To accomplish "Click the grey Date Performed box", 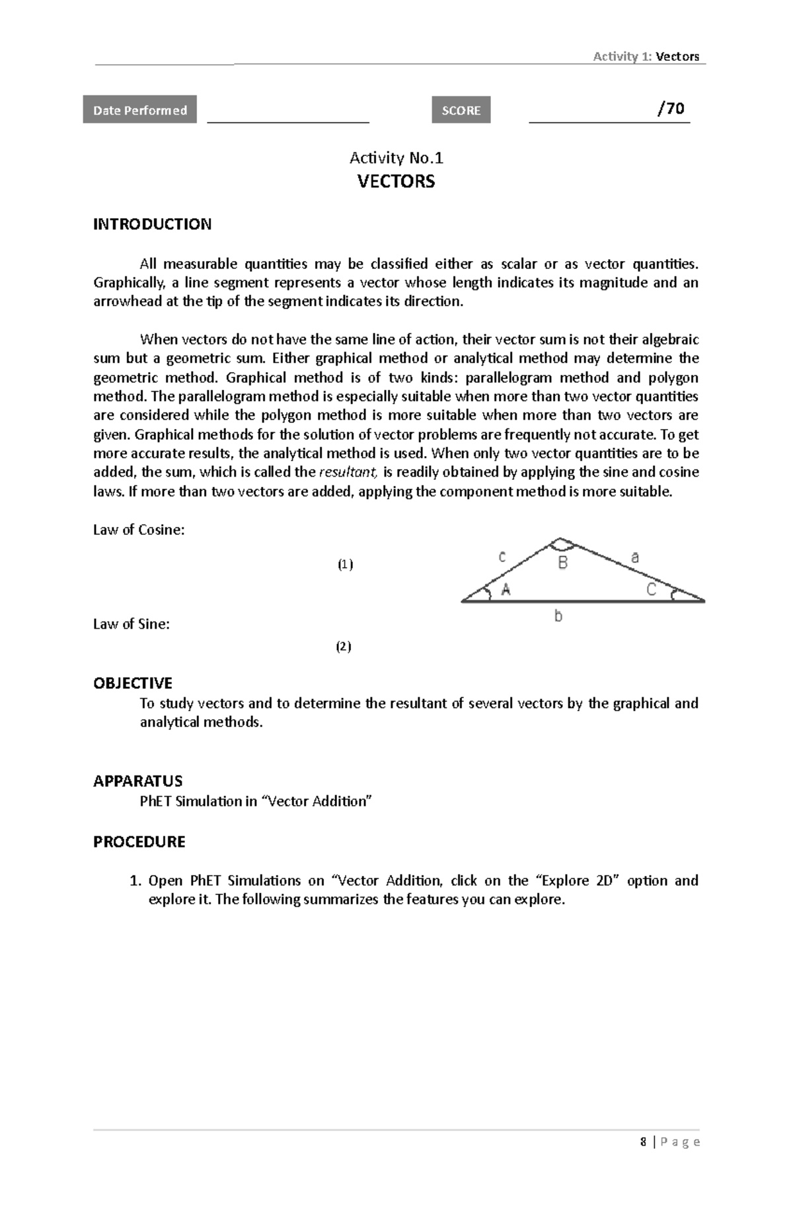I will [139, 110].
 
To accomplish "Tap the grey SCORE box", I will [461, 110].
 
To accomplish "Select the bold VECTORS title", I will [396, 182].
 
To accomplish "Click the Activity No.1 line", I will [396, 158].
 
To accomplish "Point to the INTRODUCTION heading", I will [152, 224].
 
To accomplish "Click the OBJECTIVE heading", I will [132, 683].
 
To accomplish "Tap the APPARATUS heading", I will [137, 781].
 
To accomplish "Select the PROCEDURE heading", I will [139, 841].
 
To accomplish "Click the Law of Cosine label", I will [138, 529].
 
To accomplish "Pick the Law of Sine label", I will [131, 624].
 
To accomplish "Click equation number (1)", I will [345, 565].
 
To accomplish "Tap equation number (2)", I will [343, 646].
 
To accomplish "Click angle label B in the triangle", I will [562, 563].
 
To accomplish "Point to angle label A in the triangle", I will [506, 590].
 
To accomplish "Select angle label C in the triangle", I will [651, 590].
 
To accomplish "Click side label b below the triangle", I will [558, 617].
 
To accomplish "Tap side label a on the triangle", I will [635, 557].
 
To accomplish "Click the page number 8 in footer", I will [643, 1142].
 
